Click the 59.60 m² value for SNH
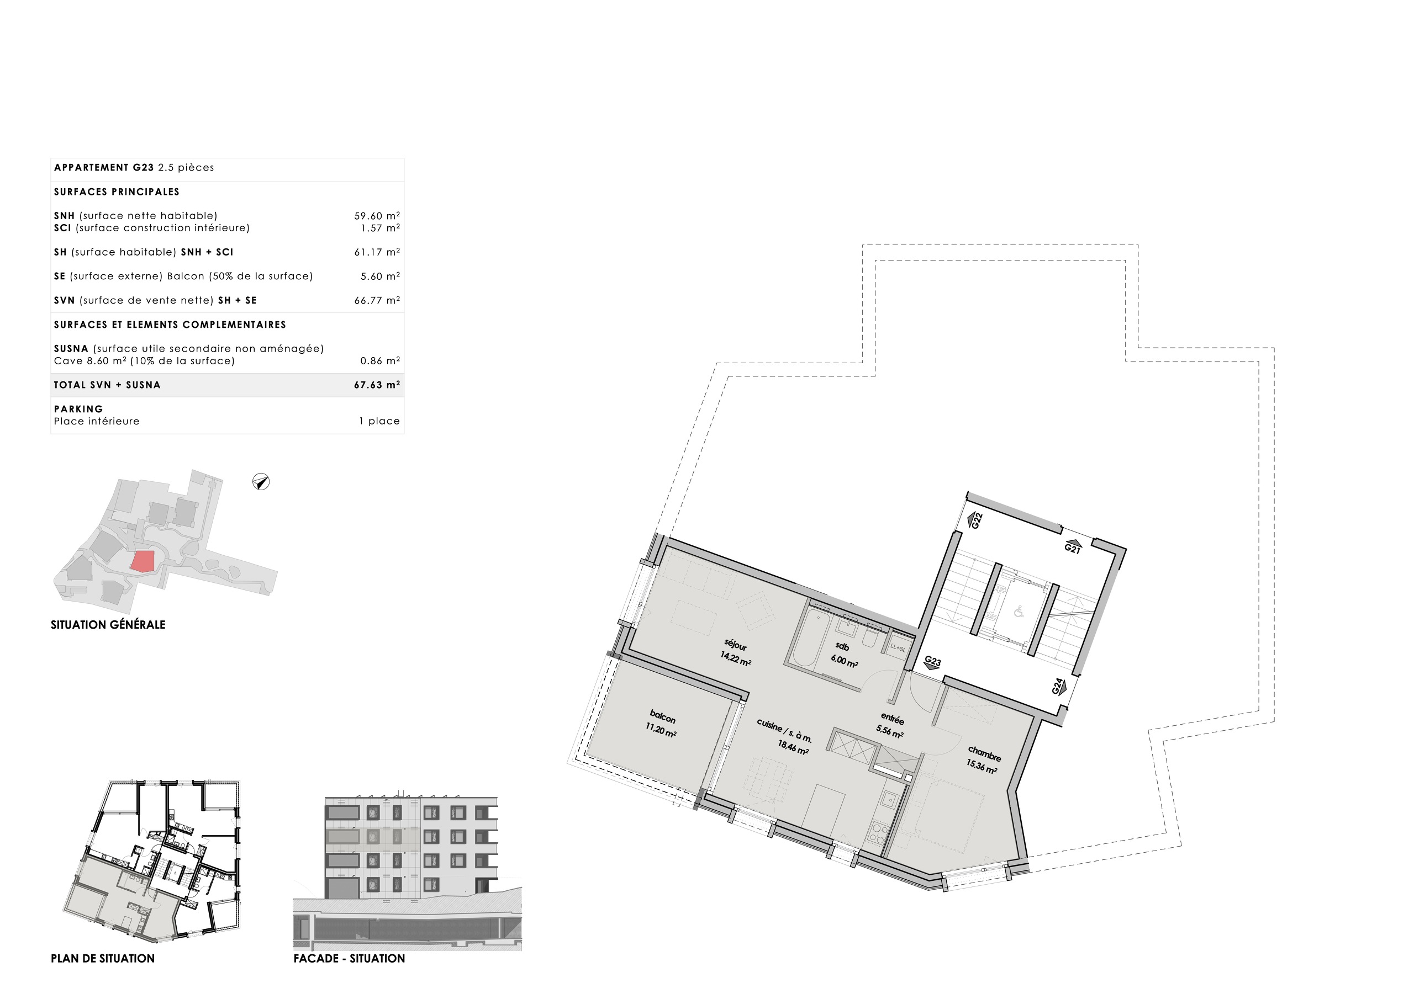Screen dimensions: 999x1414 click(x=376, y=216)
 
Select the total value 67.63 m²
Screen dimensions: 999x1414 click(x=376, y=385)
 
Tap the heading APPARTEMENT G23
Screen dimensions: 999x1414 click(x=103, y=167)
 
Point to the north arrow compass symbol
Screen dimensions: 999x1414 click(x=261, y=482)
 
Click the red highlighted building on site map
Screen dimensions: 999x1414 click(x=143, y=561)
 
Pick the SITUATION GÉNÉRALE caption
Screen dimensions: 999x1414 click(x=108, y=625)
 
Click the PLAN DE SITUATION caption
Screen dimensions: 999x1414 click(x=102, y=958)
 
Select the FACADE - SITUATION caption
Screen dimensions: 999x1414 click(x=349, y=958)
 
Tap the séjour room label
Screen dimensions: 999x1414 click(x=735, y=645)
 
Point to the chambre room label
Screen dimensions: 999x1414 click(x=984, y=753)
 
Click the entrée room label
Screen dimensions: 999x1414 click(x=891, y=718)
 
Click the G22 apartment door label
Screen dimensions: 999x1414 click(x=975, y=520)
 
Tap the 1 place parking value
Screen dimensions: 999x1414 click(x=379, y=421)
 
